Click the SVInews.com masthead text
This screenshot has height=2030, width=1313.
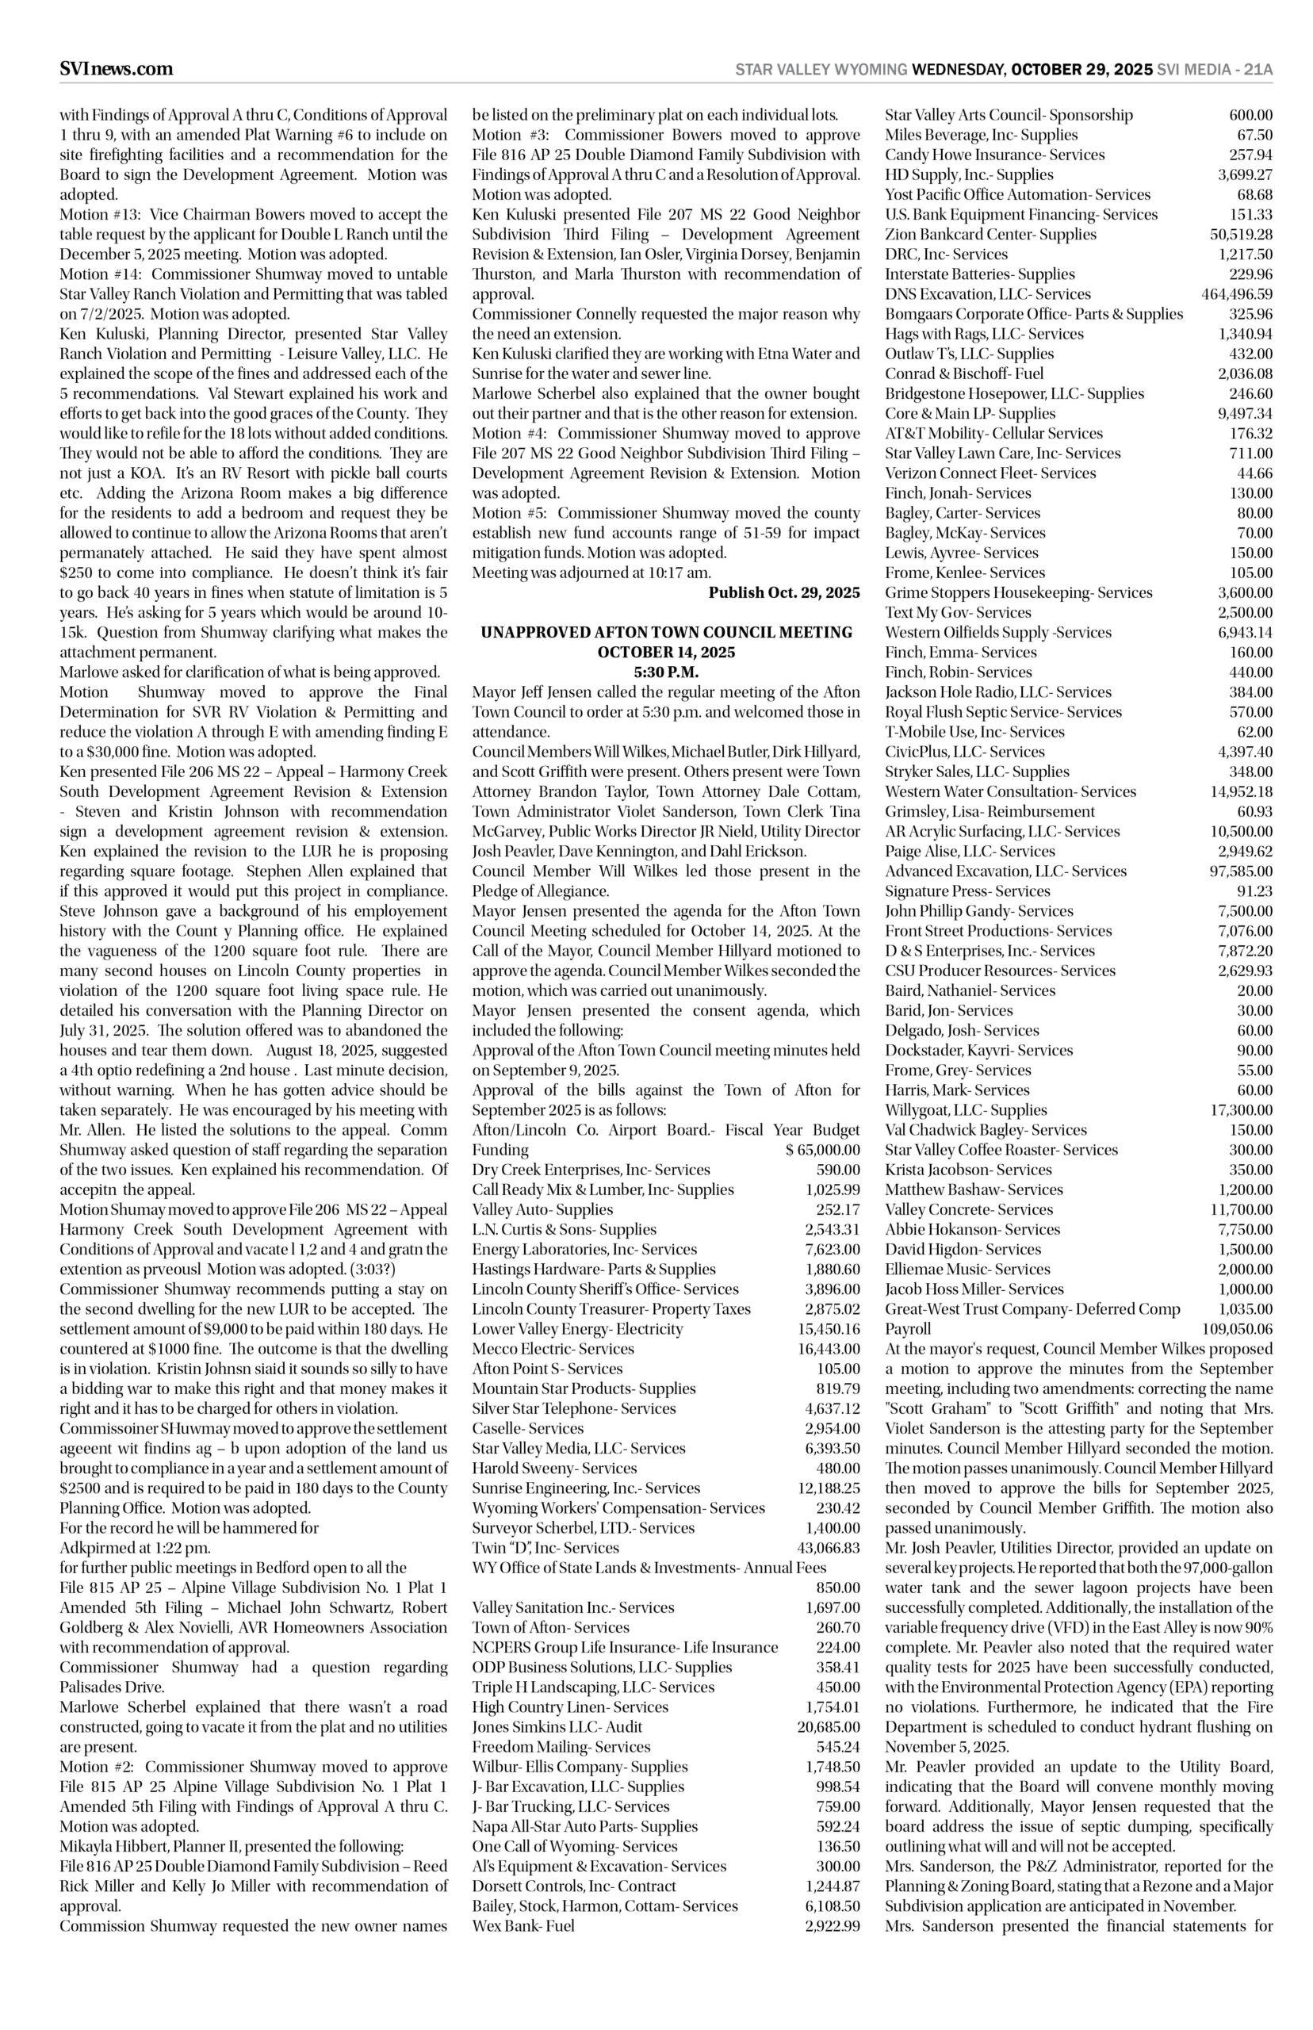(x=116, y=69)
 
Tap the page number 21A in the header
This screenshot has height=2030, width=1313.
(x=1257, y=70)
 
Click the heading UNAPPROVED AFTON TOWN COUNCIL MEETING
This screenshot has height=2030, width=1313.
(x=666, y=632)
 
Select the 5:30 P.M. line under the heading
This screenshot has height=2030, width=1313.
(x=666, y=672)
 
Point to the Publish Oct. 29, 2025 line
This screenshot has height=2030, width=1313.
(x=783, y=592)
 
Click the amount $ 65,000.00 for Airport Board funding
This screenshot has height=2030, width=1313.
(x=822, y=1150)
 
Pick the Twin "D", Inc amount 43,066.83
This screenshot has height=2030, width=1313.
(x=822, y=1547)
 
